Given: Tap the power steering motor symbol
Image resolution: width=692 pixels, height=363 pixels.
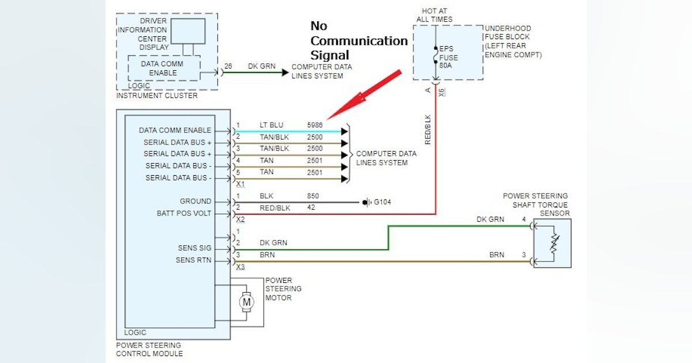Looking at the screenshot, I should pyautogui.click(x=246, y=301).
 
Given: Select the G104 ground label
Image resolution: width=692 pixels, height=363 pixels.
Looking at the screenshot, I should pyautogui.click(x=382, y=202).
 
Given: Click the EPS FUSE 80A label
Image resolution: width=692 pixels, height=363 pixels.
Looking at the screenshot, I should pyautogui.click(x=449, y=58).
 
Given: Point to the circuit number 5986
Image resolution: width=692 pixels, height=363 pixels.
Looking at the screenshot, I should pyautogui.click(x=315, y=125).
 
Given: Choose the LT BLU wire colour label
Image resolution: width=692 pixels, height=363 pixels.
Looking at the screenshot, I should pyautogui.click(x=271, y=125).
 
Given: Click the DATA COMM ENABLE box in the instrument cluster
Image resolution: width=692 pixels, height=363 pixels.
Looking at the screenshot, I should pyautogui.click(x=163, y=69).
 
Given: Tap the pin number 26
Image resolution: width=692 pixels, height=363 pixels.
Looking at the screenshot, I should pyautogui.click(x=228, y=66).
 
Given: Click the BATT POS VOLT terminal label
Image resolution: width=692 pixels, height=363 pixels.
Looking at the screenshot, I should pyautogui.click(x=184, y=213).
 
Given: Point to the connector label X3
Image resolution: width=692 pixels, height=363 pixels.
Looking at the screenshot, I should pyautogui.click(x=240, y=267).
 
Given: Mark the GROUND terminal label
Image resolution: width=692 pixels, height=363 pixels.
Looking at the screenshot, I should pyautogui.click(x=195, y=202).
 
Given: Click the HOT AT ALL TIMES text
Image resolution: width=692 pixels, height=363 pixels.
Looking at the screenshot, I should pyautogui.click(x=434, y=15).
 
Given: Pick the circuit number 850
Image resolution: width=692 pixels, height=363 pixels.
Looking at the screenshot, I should pyautogui.click(x=313, y=196).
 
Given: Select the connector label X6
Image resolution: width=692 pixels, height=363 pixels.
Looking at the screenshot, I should pyautogui.click(x=442, y=91).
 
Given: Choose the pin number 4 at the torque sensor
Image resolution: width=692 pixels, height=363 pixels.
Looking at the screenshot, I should pyautogui.click(x=524, y=220).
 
